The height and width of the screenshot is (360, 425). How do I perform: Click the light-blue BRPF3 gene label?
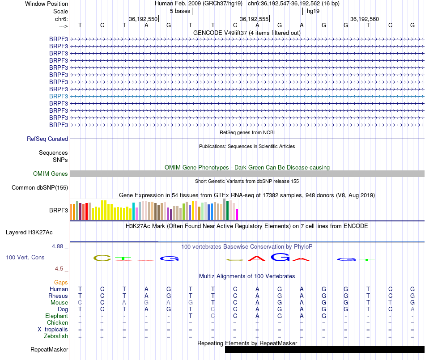pyautogui.click(x=59, y=96)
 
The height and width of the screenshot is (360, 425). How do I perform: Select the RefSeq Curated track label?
pyautogui.click(x=47, y=139)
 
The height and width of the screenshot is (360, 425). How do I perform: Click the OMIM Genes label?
pyautogui.click(x=51, y=174)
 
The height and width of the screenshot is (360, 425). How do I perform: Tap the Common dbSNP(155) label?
pyautogui.click(x=39, y=188)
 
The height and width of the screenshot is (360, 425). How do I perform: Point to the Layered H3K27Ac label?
pyautogui.click(x=29, y=233)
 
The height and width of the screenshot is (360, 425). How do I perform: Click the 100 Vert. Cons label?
pyautogui.click(x=25, y=258)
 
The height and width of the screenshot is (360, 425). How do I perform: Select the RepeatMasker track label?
pyautogui.click(x=49, y=350)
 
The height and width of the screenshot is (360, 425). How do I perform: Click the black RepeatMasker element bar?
pyautogui.click(x=324, y=350)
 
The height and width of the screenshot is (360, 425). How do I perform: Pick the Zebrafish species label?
pyautogui.click(x=55, y=336)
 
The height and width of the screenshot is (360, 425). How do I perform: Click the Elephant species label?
pyautogui.click(x=56, y=316)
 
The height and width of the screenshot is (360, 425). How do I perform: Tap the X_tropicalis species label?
pyautogui.click(x=53, y=330)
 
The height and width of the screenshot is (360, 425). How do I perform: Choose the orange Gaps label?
pyautogui.click(x=61, y=283)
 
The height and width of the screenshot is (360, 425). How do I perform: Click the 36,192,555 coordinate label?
pyautogui.click(x=254, y=19)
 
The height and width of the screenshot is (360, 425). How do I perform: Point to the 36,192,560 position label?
pyautogui.click(x=365, y=19)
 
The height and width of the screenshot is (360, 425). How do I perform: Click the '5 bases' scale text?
pyautogui.click(x=180, y=11)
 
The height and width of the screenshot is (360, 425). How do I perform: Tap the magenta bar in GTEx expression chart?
pyautogui.click(x=237, y=214)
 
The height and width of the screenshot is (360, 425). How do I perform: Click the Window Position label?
pyautogui.click(x=47, y=4)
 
